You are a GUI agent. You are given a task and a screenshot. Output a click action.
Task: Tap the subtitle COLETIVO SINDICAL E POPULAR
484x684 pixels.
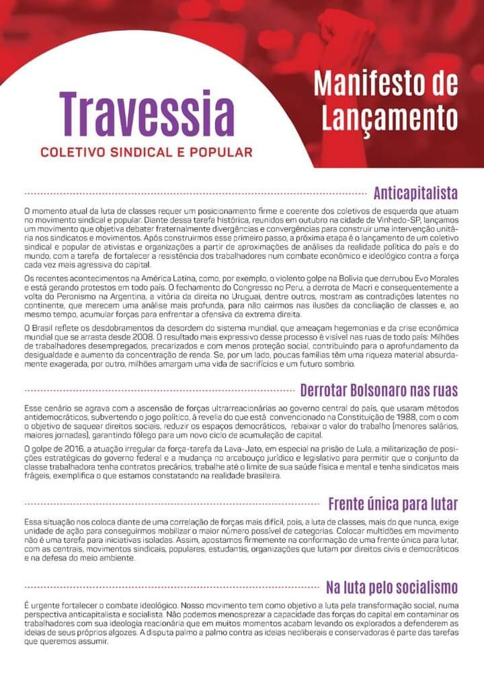147,152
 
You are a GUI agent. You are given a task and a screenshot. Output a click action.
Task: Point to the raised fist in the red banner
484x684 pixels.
346,34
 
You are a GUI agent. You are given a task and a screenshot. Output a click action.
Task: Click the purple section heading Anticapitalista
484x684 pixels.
415,194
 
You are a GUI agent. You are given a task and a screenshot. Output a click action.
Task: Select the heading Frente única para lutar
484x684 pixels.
393,504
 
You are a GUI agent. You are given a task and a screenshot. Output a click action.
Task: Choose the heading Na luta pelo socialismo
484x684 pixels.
392,589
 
